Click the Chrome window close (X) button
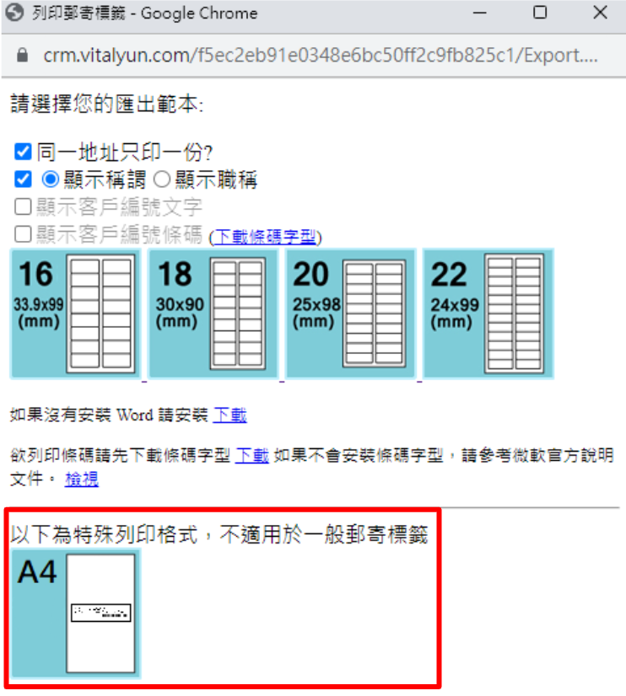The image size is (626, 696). (x=600, y=13)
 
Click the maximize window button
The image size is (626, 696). (x=540, y=13)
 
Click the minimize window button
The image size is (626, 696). (x=479, y=13)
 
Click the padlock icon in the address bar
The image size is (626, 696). (x=23, y=56)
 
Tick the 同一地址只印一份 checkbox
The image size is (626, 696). (x=23, y=153)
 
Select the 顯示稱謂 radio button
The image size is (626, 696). (x=51, y=179)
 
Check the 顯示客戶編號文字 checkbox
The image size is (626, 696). (x=23, y=206)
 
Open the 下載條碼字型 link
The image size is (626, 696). (x=265, y=237)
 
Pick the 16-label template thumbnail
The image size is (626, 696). (x=75, y=313)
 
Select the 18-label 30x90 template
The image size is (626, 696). (x=213, y=313)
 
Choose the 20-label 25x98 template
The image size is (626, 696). (x=350, y=313)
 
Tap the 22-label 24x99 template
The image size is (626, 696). (x=487, y=313)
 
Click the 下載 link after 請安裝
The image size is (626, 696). (x=229, y=415)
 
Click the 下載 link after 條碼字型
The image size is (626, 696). (x=251, y=456)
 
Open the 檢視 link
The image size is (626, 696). (x=81, y=479)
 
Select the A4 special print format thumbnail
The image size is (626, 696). (x=75, y=613)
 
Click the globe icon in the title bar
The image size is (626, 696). (x=14, y=13)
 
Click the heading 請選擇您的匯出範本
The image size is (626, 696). (x=106, y=104)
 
